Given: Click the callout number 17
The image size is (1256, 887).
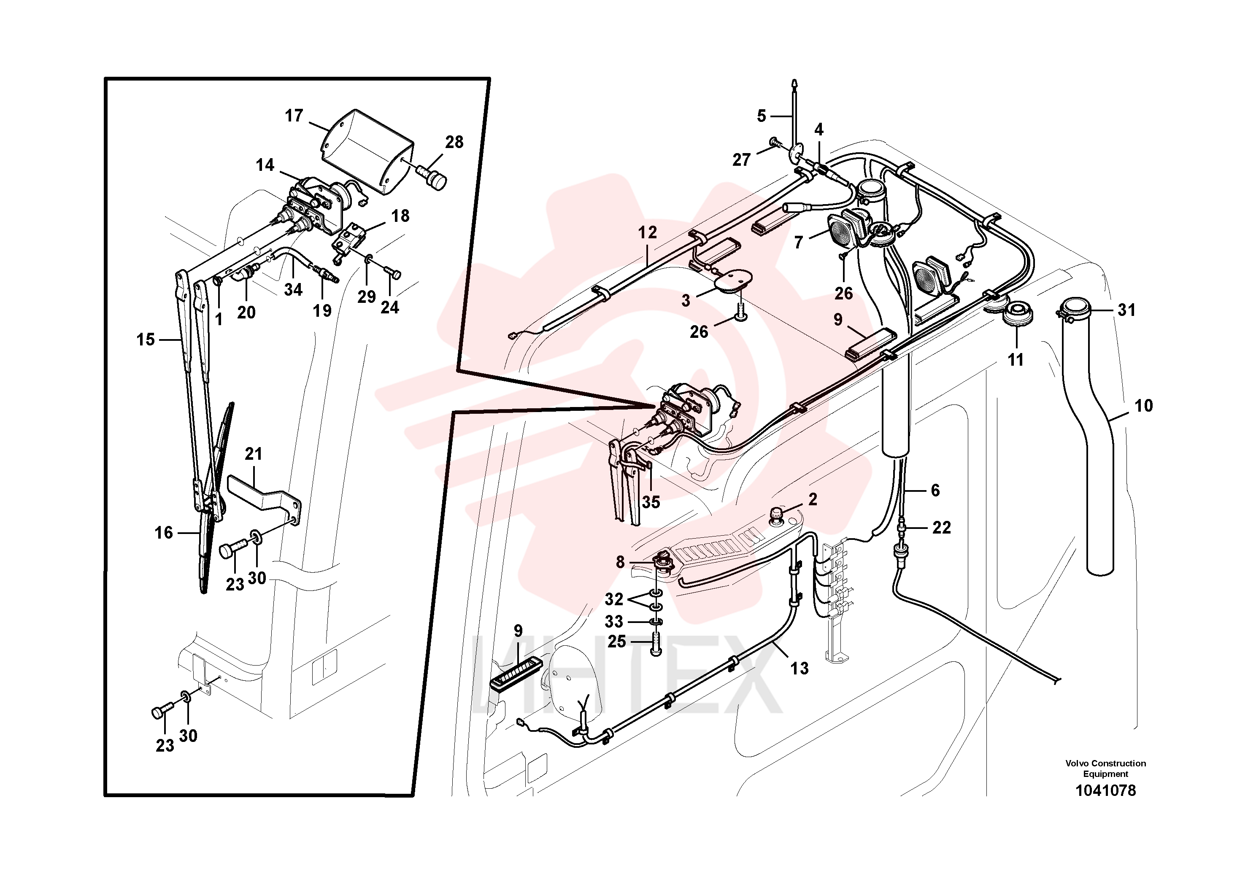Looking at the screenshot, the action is point(294,116).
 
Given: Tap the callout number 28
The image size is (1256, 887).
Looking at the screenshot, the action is point(454,142).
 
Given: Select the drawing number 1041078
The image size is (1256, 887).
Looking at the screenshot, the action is point(1105,791).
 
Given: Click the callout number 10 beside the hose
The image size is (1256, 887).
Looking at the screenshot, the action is point(1143,406).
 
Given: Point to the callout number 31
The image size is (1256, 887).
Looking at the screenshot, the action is point(1126,310).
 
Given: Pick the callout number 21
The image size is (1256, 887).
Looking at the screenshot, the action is point(253,453).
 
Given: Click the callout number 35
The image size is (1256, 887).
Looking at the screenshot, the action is point(651,502).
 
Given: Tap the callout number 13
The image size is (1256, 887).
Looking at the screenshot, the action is point(799,668).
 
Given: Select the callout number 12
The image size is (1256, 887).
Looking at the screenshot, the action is point(647,232).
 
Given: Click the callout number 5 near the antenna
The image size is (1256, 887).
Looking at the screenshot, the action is point(762,116).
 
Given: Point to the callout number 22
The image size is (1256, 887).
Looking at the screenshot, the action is point(941,528).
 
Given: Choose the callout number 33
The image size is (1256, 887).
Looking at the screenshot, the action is point(614,622).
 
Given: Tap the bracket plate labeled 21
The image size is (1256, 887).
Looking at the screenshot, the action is point(264,499).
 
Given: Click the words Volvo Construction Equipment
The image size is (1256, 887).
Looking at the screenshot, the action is point(1105,768).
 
